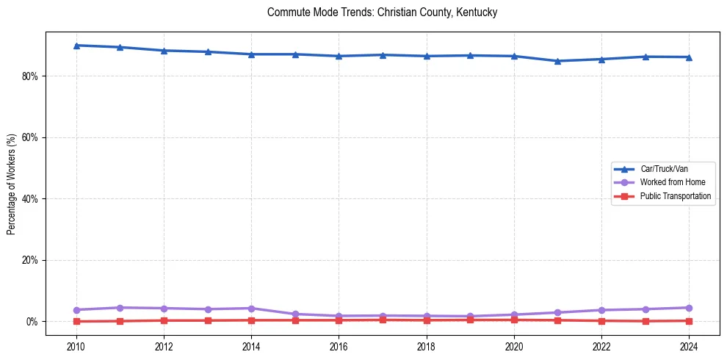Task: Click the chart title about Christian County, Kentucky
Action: (x=382, y=12)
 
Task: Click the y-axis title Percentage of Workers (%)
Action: (x=11, y=184)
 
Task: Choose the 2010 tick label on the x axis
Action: (x=76, y=346)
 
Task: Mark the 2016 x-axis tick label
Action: (x=339, y=346)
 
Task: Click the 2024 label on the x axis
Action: (x=689, y=346)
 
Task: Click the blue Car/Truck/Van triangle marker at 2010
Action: (x=76, y=46)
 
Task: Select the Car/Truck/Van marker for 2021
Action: (x=557, y=61)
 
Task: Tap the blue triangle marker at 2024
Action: (x=689, y=57)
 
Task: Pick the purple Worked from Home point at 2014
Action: (x=251, y=309)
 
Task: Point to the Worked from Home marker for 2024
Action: (x=689, y=308)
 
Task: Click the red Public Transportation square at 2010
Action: (x=76, y=321)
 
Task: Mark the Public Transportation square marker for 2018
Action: (x=427, y=320)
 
